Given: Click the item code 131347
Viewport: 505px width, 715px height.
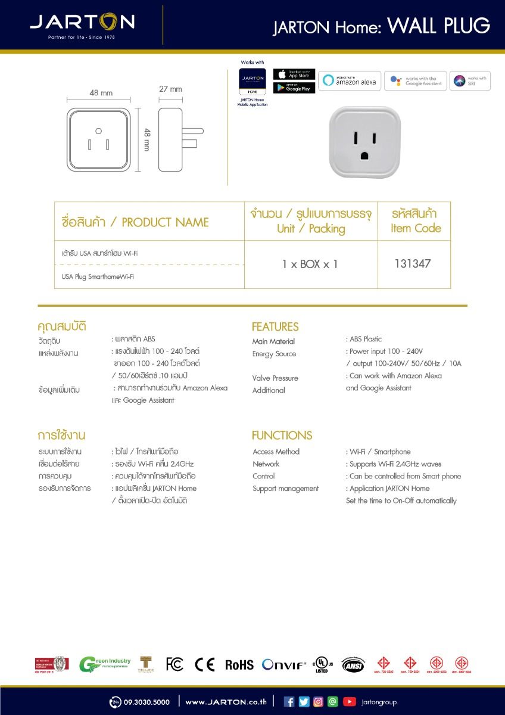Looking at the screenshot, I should tap(413, 263).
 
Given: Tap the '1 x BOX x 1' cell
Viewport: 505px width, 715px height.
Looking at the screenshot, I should tap(310, 264).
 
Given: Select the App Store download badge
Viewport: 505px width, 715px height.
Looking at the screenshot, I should tap(294, 74).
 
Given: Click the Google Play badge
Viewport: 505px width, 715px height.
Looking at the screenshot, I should tap(294, 88).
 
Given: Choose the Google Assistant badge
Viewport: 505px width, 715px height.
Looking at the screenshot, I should tap(415, 81).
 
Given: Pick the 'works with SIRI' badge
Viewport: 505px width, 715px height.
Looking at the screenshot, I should tap(470, 81).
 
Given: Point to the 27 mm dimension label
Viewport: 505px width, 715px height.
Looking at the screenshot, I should tap(170, 89).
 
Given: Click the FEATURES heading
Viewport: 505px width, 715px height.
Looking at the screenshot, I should tap(275, 327).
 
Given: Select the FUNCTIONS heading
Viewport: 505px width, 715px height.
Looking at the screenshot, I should tap(282, 435).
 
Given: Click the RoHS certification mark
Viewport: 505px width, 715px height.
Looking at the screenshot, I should tap(239, 665).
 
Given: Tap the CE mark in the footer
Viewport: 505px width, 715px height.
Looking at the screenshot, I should tap(205, 664).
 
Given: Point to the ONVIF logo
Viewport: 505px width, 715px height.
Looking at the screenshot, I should tap(284, 665).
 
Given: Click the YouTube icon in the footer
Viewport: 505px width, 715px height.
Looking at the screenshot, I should tap(349, 702).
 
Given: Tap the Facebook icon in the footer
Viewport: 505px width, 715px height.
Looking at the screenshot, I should tap(289, 702).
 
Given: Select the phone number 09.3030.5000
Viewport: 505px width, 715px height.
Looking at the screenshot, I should tap(146, 702).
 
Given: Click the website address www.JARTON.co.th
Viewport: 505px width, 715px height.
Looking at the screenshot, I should tap(226, 702).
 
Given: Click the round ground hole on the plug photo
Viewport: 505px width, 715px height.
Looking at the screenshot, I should tap(364, 156).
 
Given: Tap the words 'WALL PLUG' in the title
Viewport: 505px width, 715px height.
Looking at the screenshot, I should tap(438, 26).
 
